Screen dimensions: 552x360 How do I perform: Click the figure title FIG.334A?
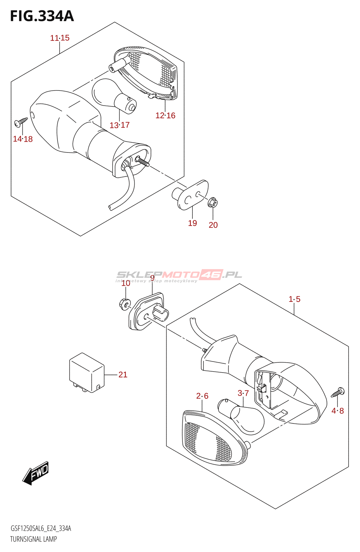point(42,16)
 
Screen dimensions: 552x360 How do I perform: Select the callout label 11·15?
point(60,38)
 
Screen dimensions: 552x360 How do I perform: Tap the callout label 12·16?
point(165,116)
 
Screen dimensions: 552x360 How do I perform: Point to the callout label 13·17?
point(119,125)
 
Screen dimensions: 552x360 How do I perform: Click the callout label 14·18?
point(23,139)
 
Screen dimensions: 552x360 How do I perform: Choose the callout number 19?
point(192,223)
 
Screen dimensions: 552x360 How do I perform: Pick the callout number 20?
point(213,225)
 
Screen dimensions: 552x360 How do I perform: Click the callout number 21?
point(123,375)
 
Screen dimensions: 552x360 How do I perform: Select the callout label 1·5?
point(294,299)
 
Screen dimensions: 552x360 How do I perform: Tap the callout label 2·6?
point(202,396)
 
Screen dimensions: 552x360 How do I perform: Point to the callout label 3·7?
point(243,393)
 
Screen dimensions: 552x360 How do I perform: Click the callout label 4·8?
point(338,411)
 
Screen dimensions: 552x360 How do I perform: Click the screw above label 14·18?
point(21,121)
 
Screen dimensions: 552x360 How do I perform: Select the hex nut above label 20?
point(213,202)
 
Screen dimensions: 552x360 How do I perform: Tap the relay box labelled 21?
point(87,373)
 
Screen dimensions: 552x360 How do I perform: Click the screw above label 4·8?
point(338,393)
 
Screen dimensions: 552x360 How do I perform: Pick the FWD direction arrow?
point(36,473)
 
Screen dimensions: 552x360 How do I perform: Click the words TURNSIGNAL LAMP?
point(33,539)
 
